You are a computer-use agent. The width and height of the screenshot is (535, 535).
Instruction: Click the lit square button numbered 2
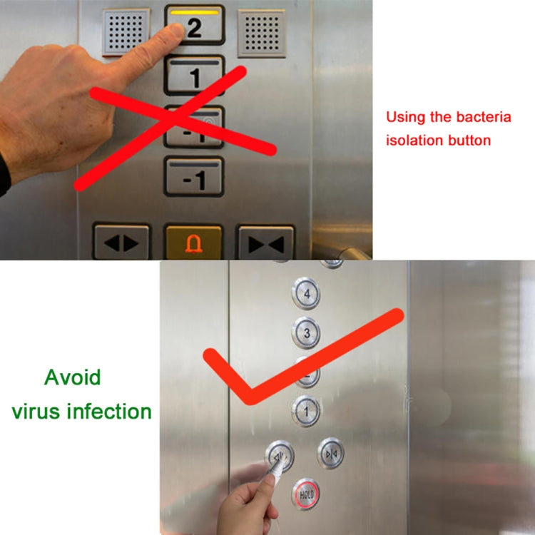(194, 26)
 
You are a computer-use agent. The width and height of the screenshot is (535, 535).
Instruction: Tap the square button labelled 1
(194, 75)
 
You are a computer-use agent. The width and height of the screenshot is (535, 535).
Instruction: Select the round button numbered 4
(306, 293)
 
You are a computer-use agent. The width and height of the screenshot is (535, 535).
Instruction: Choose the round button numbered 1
(307, 410)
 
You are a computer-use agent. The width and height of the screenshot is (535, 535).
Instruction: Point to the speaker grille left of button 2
(126, 32)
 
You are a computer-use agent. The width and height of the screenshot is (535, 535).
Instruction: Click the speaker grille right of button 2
(261, 32)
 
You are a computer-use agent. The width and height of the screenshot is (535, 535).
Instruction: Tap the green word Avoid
(73, 377)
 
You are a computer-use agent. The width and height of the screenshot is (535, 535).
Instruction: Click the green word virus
(36, 411)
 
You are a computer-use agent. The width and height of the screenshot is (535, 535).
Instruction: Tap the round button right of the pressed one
(331, 454)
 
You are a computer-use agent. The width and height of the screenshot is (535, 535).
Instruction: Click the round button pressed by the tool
(280, 454)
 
